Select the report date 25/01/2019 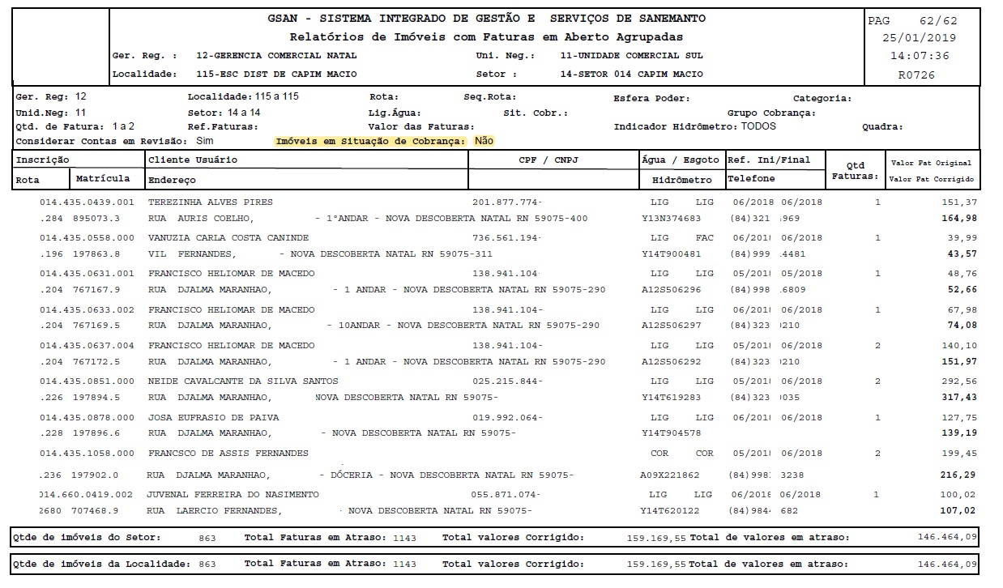coord(919,38)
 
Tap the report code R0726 coord(916,75)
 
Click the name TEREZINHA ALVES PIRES coord(211,202)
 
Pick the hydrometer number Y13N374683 coord(672,219)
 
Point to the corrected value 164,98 coord(959,219)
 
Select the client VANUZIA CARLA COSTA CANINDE coord(228,238)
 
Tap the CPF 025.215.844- coord(507,381)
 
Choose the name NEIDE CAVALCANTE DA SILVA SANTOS coord(243,381)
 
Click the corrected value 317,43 coord(959,398)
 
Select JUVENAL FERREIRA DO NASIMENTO coord(233,494)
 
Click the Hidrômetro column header coord(681,180)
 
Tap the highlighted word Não coord(484,141)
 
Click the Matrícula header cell coord(103,178)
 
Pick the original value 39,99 coord(962,238)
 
